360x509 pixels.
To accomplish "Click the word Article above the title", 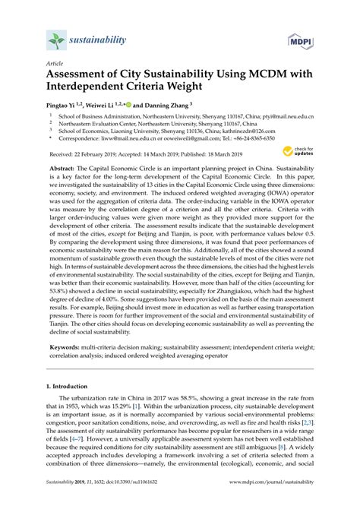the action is (x=55, y=65).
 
